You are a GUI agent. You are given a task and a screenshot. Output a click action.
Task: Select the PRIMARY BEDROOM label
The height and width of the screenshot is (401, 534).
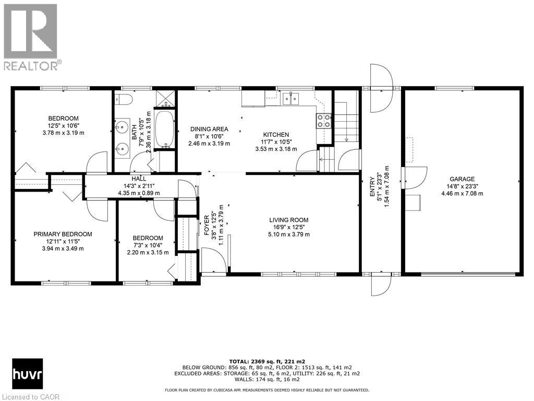[63, 234]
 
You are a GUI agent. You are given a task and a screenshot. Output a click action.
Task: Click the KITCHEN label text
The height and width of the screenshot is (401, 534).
[275, 134]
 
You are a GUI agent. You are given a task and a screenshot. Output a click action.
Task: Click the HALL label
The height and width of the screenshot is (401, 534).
[139, 179]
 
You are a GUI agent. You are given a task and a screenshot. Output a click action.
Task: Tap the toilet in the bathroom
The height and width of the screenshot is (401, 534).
[126, 99]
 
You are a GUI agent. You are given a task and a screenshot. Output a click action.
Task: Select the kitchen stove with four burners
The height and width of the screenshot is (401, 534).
[323, 121]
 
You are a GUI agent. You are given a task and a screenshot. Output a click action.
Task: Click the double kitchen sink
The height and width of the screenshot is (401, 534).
[290, 97]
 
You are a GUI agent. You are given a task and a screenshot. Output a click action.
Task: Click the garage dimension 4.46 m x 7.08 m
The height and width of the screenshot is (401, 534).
[462, 193]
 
